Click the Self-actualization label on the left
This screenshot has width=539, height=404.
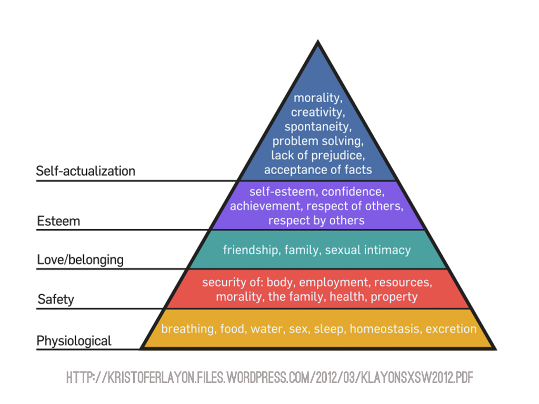pos(85,171)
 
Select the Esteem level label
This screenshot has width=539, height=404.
pos(58,221)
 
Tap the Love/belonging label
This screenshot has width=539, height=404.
pos(80,260)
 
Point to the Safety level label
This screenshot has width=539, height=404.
pos(56,300)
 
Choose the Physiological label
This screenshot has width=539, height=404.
pos(74,341)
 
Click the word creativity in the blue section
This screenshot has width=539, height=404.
pos(317,112)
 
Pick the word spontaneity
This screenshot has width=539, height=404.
pos(317,127)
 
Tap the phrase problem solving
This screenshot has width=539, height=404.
pos(317,141)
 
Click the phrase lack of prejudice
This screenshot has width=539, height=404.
pos(317,155)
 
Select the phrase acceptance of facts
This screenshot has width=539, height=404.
pos(317,169)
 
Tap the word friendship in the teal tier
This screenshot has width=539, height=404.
pos(251,250)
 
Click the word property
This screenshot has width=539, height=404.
pos(394,297)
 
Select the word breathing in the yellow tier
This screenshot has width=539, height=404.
pos(185,329)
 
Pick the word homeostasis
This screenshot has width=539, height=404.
pos(385,329)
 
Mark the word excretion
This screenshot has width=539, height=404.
pos(451,329)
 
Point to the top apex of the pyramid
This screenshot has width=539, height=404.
pos(317,42)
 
